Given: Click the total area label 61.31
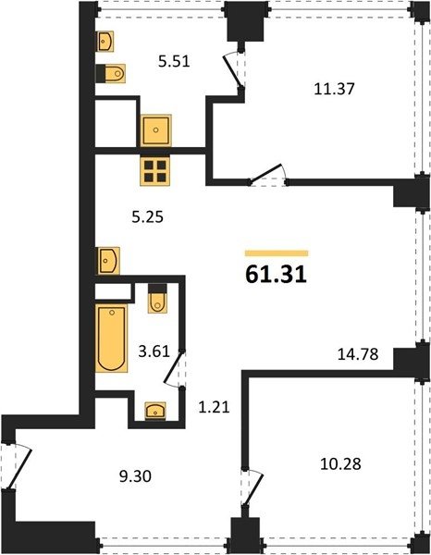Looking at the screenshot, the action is tap(276, 275).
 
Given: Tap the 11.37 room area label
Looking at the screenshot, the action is tap(334, 89).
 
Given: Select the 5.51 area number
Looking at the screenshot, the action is tap(174, 61).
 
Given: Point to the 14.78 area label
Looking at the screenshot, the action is tap(358, 354).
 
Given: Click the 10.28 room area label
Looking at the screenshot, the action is tap(340, 463).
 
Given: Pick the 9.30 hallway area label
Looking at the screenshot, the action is tap(136, 476).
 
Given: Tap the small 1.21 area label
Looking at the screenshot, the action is tap(214, 407).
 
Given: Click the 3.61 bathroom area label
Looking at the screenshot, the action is tap(154, 351).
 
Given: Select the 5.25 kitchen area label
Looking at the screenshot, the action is tap(148, 216).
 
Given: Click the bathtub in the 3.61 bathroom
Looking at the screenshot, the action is tap(112, 338).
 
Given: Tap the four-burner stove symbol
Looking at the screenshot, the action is tap(155, 171).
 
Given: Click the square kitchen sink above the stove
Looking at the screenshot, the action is tap(156, 130).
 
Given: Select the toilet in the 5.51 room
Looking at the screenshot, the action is tap(111, 74).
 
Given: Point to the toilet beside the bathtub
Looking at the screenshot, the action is tap(157, 299).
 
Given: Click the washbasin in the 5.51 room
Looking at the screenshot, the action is tap(105, 42).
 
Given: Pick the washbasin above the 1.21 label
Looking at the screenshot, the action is tap(155, 411).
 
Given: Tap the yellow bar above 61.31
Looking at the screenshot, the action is tap(277, 253).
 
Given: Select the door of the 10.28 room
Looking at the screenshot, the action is tap(252, 488).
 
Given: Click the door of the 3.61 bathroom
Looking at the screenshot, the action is tap(173, 369).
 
